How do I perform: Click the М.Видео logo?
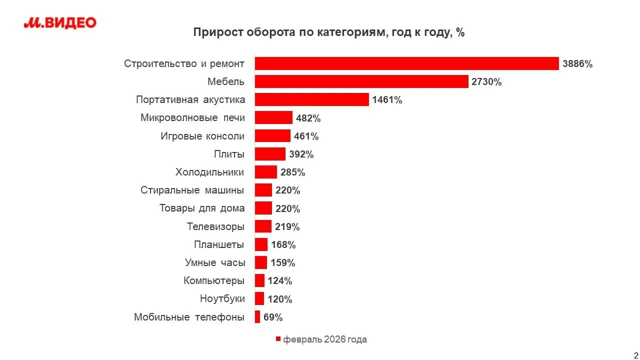(x=60, y=22)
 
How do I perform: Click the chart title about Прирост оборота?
(x=329, y=32)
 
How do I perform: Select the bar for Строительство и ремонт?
(x=406, y=63)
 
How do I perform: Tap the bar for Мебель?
(x=361, y=81)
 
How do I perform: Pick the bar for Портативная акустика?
(x=311, y=99)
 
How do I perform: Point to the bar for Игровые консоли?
(x=272, y=136)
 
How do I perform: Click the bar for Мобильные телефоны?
(x=257, y=317)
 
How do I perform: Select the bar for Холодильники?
(x=265, y=172)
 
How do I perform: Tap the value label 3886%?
(x=577, y=64)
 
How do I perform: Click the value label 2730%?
(x=486, y=82)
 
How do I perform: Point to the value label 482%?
(x=308, y=118)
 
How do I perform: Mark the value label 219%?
(x=287, y=227)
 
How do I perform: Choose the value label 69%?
(x=273, y=317)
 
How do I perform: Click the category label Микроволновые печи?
(x=192, y=118)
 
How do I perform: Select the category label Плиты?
(x=229, y=154)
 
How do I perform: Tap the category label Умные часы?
(x=215, y=262)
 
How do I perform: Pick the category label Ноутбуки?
(x=222, y=299)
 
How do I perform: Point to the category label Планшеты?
(x=219, y=244)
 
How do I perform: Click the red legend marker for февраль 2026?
(x=278, y=339)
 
